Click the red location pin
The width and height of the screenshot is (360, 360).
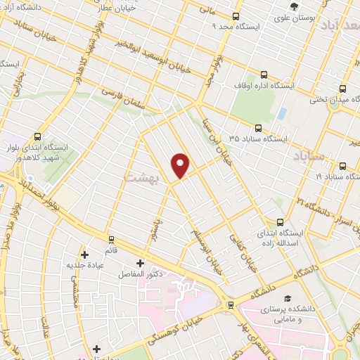pos(181,165)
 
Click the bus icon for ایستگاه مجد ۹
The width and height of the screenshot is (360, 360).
pos(236,16)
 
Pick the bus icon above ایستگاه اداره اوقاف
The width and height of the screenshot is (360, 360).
pos(264,74)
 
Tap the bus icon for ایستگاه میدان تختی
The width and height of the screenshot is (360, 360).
pos(342,89)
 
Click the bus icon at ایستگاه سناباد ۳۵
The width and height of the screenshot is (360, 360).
pos(258,128)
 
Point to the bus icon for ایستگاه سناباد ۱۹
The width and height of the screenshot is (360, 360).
pos(342,167)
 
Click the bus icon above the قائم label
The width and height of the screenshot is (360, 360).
pos(109,240)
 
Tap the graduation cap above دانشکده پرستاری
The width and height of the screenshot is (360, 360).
pos(286,299)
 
